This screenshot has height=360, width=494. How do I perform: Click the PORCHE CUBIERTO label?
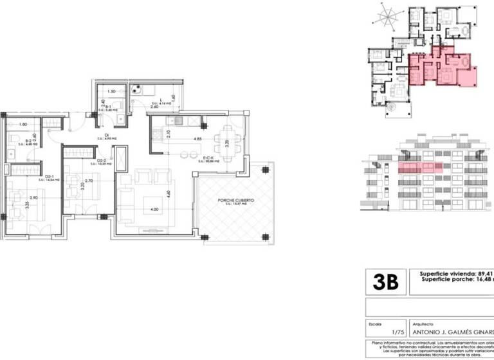tap(235, 201)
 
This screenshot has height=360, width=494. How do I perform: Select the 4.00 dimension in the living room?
tap(154, 210)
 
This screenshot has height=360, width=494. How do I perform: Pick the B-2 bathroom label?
tap(28, 139)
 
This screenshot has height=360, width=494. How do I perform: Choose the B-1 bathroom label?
tap(109, 107)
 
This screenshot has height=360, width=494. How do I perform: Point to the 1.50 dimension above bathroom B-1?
tap(111, 92)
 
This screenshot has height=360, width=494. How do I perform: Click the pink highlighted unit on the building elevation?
tap(422, 167)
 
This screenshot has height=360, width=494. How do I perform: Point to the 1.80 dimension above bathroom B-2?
tap(23, 124)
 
